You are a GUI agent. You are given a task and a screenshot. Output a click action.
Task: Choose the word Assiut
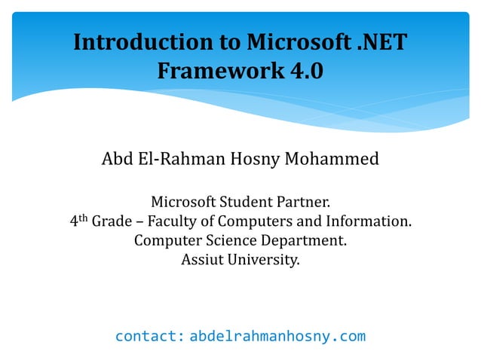coord(204,261)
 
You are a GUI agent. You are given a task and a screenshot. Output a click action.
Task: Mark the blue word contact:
coord(149,336)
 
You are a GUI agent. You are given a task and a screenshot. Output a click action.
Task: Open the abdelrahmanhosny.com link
coord(277,336)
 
